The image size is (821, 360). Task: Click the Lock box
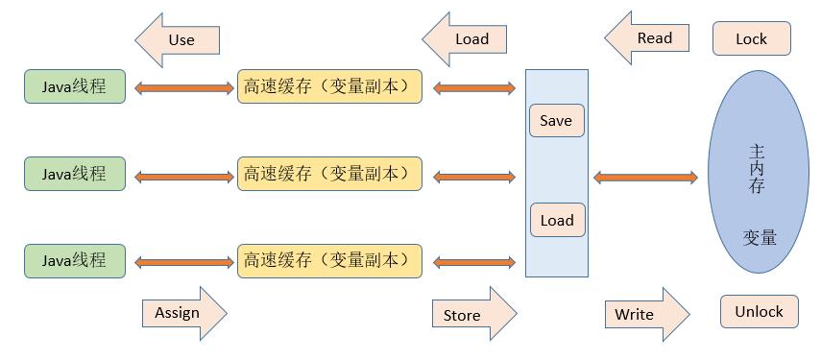[x=751, y=39]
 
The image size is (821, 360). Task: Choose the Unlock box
[x=759, y=312]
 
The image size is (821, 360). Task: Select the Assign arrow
[x=182, y=313]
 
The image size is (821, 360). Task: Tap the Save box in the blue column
[x=556, y=121]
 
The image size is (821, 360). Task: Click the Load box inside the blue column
[x=556, y=220]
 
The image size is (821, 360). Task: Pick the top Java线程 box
[x=75, y=87]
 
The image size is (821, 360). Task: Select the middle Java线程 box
[x=75, y=174]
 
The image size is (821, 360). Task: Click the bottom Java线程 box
[x=75, y=260]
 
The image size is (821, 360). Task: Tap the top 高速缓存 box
[x=329, y=87]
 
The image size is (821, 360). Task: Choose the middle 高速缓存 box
[x=329, y=174]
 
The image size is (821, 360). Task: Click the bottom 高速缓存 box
[x=329, y=260]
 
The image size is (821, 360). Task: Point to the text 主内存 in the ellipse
[x=757, y=169]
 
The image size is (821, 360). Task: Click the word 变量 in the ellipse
[x=759, y=237]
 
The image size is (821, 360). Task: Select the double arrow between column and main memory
[x=645, y=177]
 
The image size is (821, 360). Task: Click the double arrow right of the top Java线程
[x=182, y=88]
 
